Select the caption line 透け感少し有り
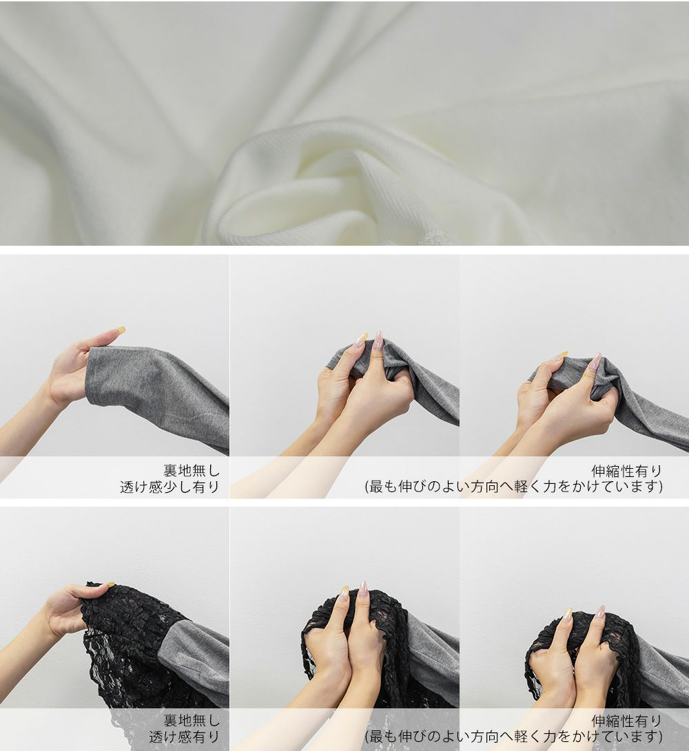pyautogui.click(x=169, y=487)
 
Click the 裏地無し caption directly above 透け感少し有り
pyautogui.click(x=192, y=471)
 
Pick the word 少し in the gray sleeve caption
pyautogui.click(x=177, y=487)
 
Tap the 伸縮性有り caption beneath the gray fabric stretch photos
pyautogui.click(x=627, y=472)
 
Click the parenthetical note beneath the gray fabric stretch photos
pyautogui.click(x=514, y=487)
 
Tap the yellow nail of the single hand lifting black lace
pyautogui.click(x=111, y=584)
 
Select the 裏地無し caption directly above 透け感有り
pyautogui.click(x=192, y=720)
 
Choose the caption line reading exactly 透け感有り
pyautogui.click(x=184, y=737)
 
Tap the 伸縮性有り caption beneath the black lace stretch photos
pyautogui.click(x=627, y=721)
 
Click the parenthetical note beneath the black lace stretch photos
pyautogui.click(x=514, y=737)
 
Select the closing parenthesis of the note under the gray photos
pyautogui.click(x=661, y=487)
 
